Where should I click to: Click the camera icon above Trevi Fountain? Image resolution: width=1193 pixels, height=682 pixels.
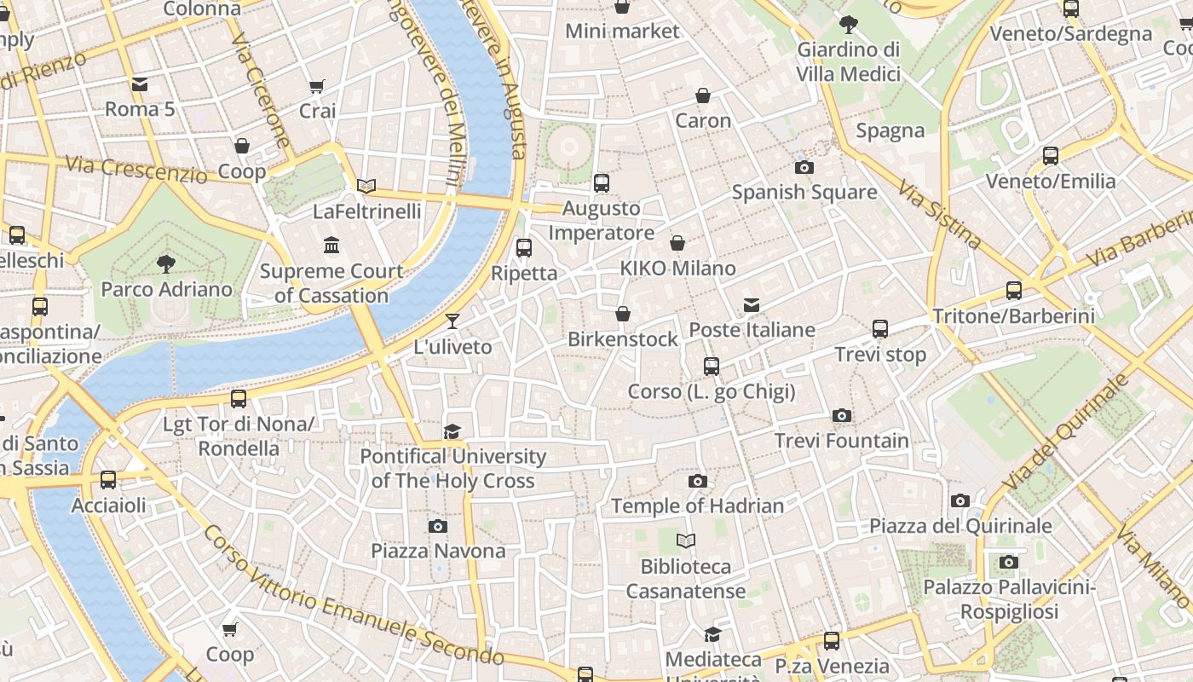[842, 416]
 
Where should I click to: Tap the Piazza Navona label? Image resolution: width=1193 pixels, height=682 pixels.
[438, 551]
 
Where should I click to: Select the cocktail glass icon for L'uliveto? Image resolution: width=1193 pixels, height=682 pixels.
[452, 321]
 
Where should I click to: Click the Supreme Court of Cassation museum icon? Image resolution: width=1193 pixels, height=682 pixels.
[331, 246]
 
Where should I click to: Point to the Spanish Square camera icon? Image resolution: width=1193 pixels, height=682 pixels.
[804, 168]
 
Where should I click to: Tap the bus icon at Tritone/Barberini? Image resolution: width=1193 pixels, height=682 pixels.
[1014, 291]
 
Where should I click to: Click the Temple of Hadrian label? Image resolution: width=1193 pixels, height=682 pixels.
[697, 506]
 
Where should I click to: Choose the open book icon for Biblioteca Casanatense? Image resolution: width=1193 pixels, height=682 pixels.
[686, 540]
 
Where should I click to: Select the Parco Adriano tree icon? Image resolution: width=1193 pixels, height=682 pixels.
[166, 263]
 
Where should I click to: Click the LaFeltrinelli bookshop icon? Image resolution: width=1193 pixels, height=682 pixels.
[366, 186]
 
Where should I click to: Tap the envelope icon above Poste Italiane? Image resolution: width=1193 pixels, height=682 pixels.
[752, 305]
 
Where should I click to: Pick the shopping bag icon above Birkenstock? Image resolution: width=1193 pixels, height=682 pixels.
[623, 314]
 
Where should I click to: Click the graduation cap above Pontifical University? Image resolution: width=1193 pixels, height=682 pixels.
[452, 432]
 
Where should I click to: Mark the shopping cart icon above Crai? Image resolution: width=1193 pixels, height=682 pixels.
[317, 86]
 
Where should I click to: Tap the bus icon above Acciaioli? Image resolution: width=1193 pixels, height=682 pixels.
[108, 480]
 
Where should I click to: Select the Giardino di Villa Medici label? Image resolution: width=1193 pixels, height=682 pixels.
[848, 62]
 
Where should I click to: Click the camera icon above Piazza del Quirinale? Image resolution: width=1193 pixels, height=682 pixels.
[960, 501]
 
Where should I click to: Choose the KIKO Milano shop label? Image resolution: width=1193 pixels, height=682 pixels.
[677, 269]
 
